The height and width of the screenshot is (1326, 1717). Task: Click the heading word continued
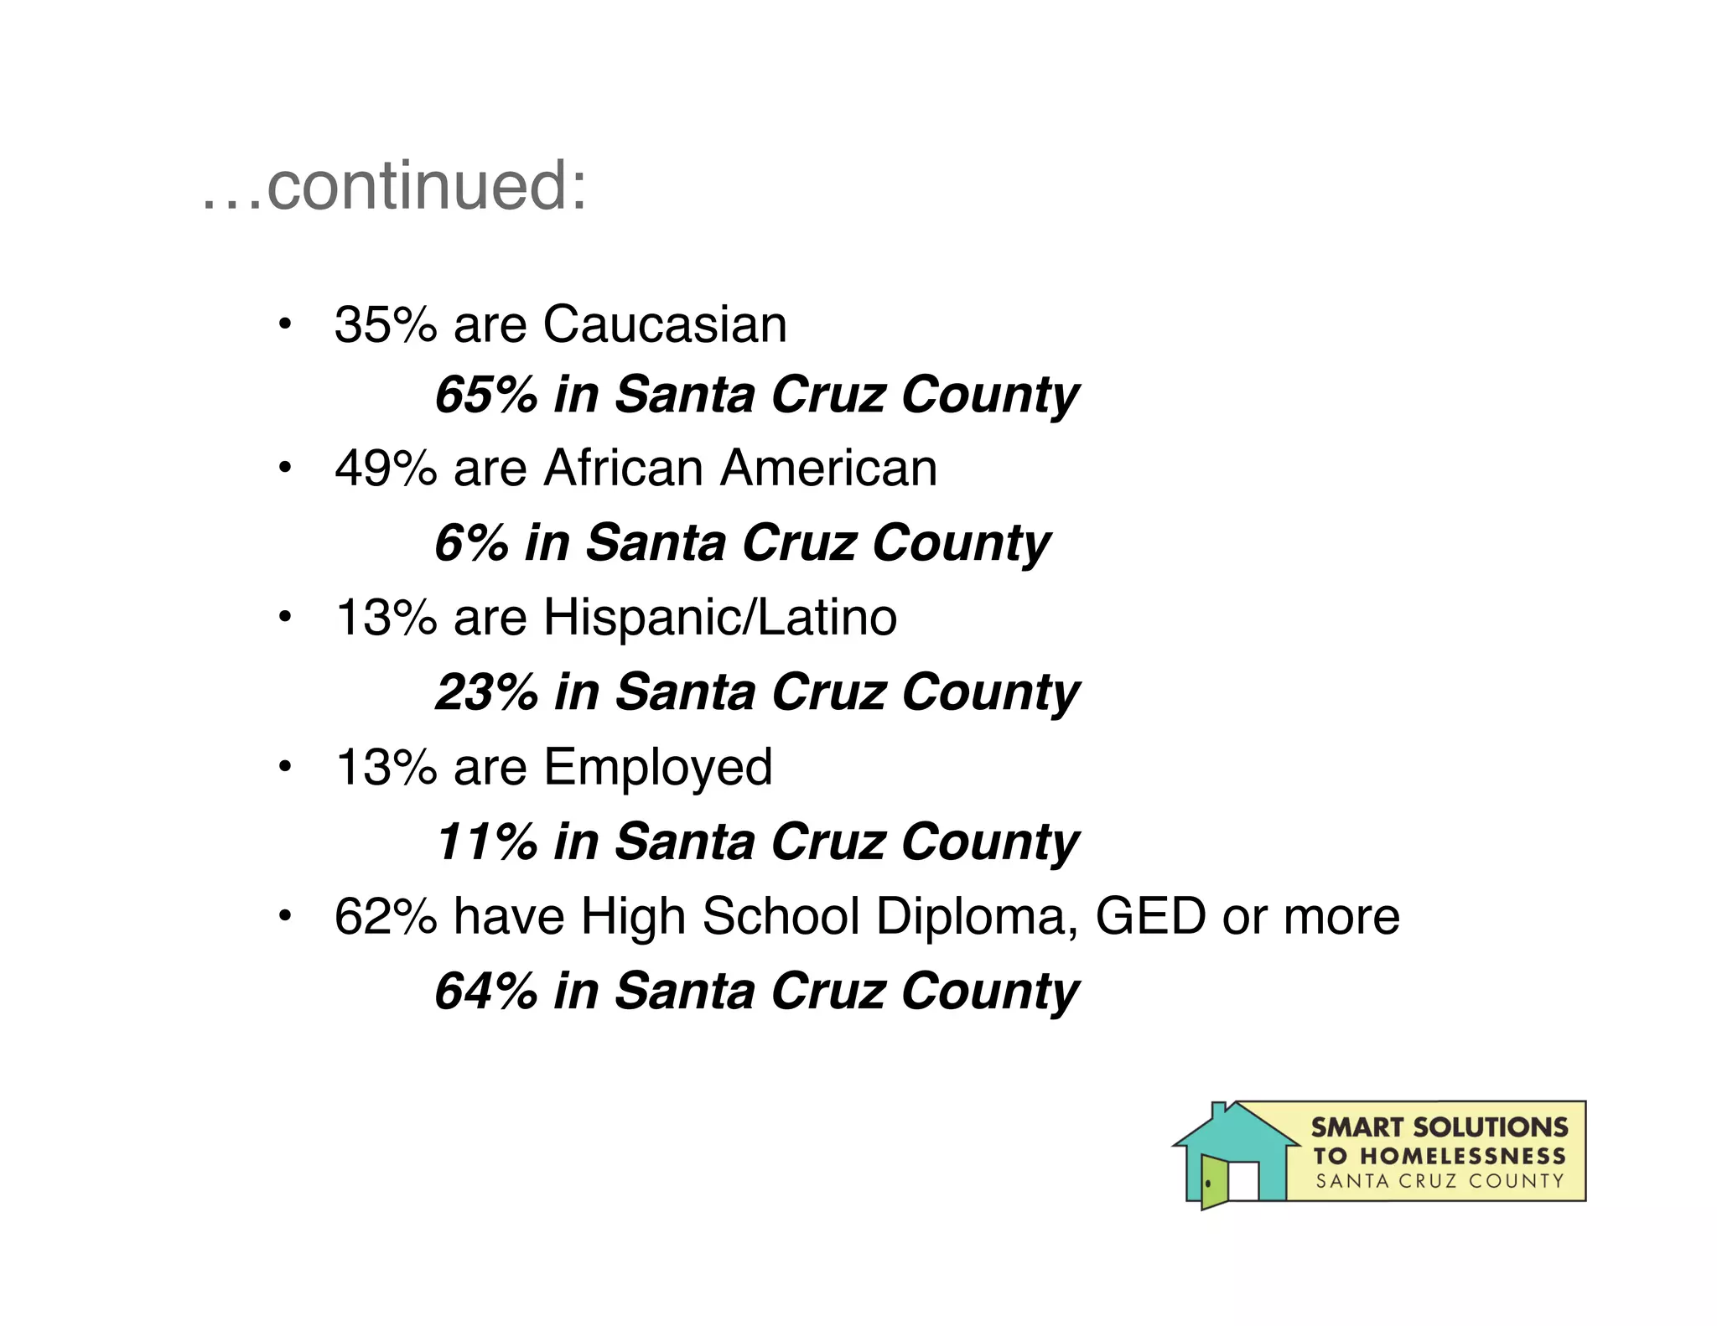(426, 186)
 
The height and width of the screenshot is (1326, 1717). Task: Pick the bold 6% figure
(471, 543)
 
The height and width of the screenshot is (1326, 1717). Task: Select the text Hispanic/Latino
(720, 618)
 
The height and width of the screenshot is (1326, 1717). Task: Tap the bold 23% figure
(486, 692)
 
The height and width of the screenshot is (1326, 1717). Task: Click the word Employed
(658, 767)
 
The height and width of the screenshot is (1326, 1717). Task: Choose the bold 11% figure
(486, 842)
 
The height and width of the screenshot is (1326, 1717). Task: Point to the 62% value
(386, 916)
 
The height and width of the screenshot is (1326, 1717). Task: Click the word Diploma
(977, 916)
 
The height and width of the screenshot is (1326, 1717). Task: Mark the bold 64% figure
(486, 991)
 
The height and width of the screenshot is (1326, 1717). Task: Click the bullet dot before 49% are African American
(285, 468)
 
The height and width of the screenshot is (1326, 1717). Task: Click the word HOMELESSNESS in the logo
(1462, 1157)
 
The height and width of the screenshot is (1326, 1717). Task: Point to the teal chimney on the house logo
(1219, 1111)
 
